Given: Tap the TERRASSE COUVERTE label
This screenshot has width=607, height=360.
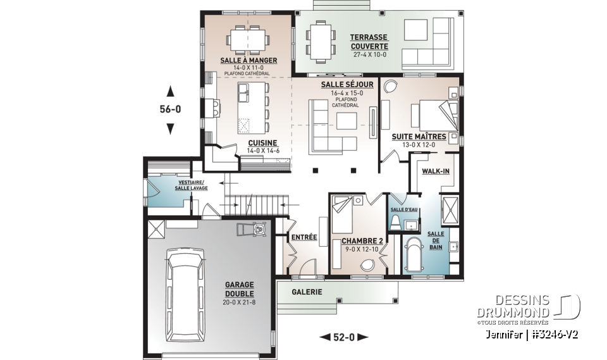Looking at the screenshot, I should tap(369, 42).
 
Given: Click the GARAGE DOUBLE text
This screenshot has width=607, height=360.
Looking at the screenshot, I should tap(239, 289).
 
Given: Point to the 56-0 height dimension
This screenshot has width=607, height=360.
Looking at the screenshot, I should tap(169, 109).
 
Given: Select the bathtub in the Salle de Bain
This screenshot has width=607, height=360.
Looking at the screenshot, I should tap(415, 256).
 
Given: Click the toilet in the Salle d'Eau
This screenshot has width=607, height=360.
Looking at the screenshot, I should tap(395, 222).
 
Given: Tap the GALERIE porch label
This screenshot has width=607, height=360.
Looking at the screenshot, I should tap(307, 292).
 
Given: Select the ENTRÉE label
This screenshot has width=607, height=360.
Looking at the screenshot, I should tap(303, 237).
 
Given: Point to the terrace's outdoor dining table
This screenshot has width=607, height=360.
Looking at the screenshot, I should tap(321, 39).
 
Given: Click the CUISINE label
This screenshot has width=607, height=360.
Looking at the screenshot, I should tap(260, 143).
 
